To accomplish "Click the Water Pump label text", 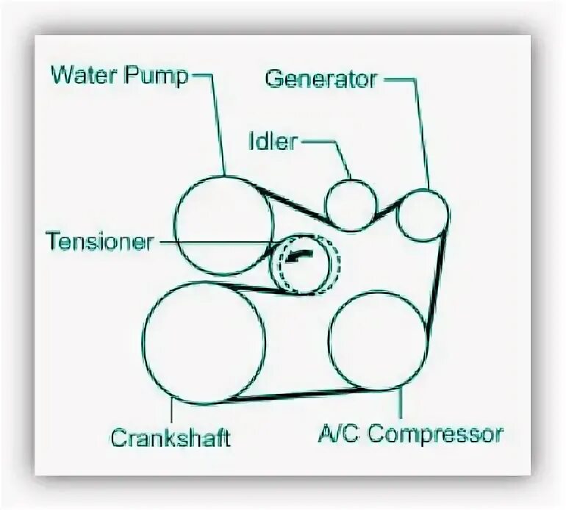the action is point(120,76).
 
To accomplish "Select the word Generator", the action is point(321,79).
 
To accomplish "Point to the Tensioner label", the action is point(99,241).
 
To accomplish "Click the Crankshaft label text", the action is point(171,437).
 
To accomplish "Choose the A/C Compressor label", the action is point(410,434).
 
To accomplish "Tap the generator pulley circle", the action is point(421,215).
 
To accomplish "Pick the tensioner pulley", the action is point(304,265).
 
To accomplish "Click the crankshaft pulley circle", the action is point(203,342).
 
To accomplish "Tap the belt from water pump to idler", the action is point(294,204).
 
